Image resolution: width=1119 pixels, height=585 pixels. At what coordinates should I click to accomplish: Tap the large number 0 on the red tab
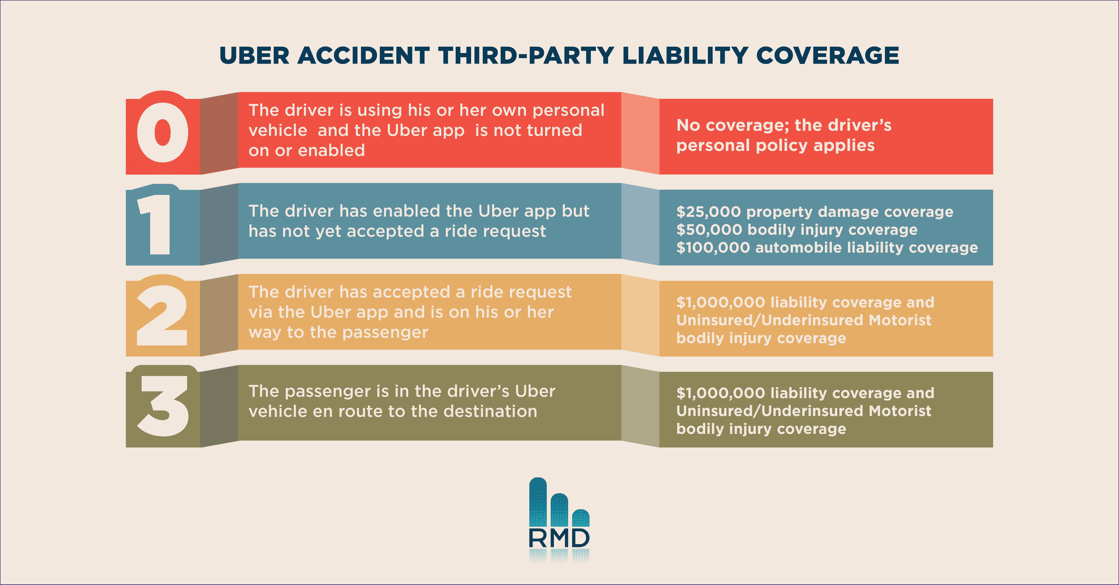[163, 132]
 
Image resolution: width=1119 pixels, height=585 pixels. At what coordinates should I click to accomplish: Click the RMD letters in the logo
[559, 538]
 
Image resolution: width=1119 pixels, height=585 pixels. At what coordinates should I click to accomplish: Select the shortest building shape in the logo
[581, 518]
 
